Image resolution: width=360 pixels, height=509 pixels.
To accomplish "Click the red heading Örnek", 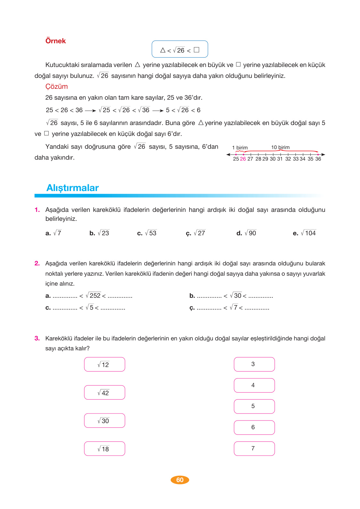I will (55, 41).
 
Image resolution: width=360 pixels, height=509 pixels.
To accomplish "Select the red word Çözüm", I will (56, 87).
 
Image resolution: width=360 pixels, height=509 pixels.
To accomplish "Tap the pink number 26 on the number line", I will (243, 159).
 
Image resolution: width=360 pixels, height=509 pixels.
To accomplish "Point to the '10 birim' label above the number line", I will (280, 147).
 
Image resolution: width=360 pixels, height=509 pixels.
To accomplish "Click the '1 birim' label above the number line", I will (240, 147).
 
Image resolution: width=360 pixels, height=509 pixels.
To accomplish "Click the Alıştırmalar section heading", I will (72, 188).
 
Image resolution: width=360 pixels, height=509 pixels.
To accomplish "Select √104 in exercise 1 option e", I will (308, 233).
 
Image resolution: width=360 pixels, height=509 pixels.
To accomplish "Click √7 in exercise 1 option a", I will (57, 233).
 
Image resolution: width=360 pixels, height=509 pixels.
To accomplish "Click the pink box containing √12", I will (105, 364).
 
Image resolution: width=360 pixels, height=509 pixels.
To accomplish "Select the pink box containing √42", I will (105, 393).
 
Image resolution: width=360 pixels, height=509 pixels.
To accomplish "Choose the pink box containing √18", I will (105, 449).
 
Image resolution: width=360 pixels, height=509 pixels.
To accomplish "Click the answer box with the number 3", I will (254, 364).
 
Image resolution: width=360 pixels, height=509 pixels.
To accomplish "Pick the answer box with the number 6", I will (254, 428).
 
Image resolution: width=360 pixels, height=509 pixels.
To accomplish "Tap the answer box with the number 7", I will (254, 449).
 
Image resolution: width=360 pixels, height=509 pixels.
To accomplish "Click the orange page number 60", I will (180, 480).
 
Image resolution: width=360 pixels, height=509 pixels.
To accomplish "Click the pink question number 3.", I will (37, 338).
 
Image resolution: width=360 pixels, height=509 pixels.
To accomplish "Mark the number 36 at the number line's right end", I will (318, 159).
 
